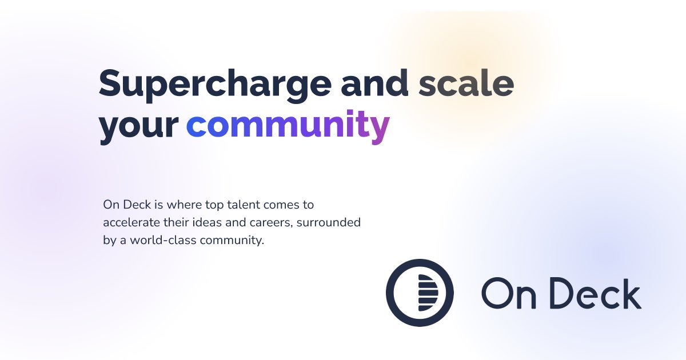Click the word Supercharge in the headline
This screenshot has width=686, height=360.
tap(215, 85)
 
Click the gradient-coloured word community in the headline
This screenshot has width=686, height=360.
tap(288, 126)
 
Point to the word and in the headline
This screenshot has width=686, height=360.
tap(374, 82)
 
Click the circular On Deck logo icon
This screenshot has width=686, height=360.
tap(420, 293)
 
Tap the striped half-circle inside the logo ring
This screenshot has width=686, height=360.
tap(428, 293)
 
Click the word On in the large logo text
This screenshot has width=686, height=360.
tap(509, 293)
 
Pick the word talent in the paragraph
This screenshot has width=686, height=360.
tap(243, 205)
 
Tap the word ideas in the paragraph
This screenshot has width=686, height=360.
tap(208, 222)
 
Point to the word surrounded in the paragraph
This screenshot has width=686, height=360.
tap(329, 222)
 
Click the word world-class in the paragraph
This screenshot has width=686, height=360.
tap(163, 240)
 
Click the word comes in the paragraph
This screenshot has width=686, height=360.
tap(281, 205)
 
